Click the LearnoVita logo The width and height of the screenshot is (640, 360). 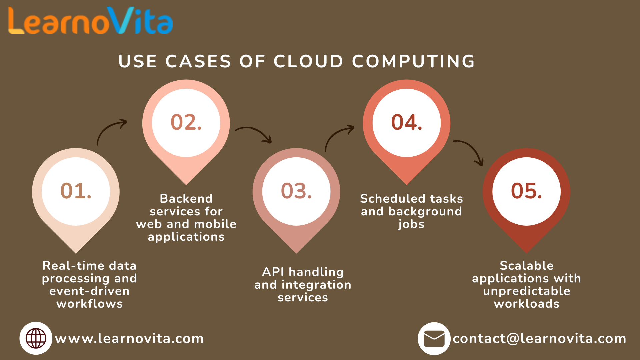90,21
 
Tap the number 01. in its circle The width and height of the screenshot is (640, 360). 76,191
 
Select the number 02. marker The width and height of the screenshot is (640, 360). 186,122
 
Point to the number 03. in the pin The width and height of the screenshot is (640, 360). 296,191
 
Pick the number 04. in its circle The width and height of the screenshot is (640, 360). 407,122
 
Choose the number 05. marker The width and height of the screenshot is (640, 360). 526,191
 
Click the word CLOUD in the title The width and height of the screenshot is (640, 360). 308,61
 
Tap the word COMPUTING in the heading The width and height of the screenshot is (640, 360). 413,61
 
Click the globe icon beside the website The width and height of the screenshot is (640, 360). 36,338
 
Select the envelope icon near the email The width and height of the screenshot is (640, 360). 434,339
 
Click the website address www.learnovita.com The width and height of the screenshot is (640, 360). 129,339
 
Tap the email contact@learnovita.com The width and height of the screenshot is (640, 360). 539,339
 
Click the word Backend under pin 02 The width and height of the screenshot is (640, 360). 186,199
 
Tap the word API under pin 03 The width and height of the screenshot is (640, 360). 273,272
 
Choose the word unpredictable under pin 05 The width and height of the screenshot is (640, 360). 526,291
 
